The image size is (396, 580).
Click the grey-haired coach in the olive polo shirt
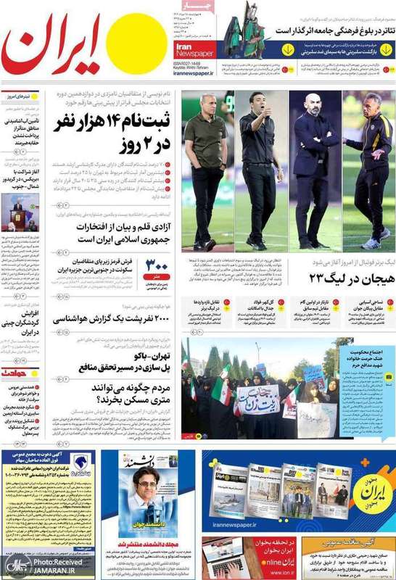[204, 170]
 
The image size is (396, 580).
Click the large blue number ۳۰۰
[157, 265]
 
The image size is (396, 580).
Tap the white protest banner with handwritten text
[257, 399]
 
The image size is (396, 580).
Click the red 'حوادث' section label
[18, 373]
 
